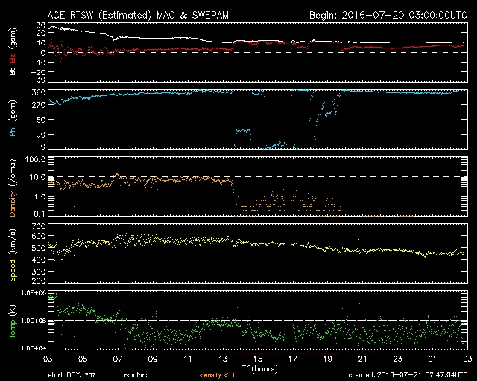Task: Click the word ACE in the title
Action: pyautogui.click(x=57, y=15)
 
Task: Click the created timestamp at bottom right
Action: pyautogui.click(x=410, y=375)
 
